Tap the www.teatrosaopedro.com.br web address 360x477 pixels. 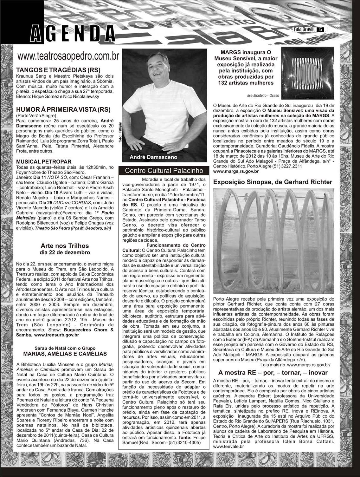click(68, 56)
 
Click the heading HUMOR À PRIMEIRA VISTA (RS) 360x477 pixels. click(63, 110)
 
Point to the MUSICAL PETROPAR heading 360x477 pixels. click(44, 162)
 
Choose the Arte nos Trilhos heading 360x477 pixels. click(65, 246)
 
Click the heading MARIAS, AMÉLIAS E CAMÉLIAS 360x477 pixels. click(65, 354)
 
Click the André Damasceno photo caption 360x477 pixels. click(153, 157)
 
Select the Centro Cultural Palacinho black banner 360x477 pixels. click(164, 171)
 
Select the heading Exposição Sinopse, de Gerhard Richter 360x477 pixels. click(273, 182)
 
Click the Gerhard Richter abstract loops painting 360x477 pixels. click(273, 241)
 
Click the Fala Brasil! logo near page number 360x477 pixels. click(304, 29)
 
